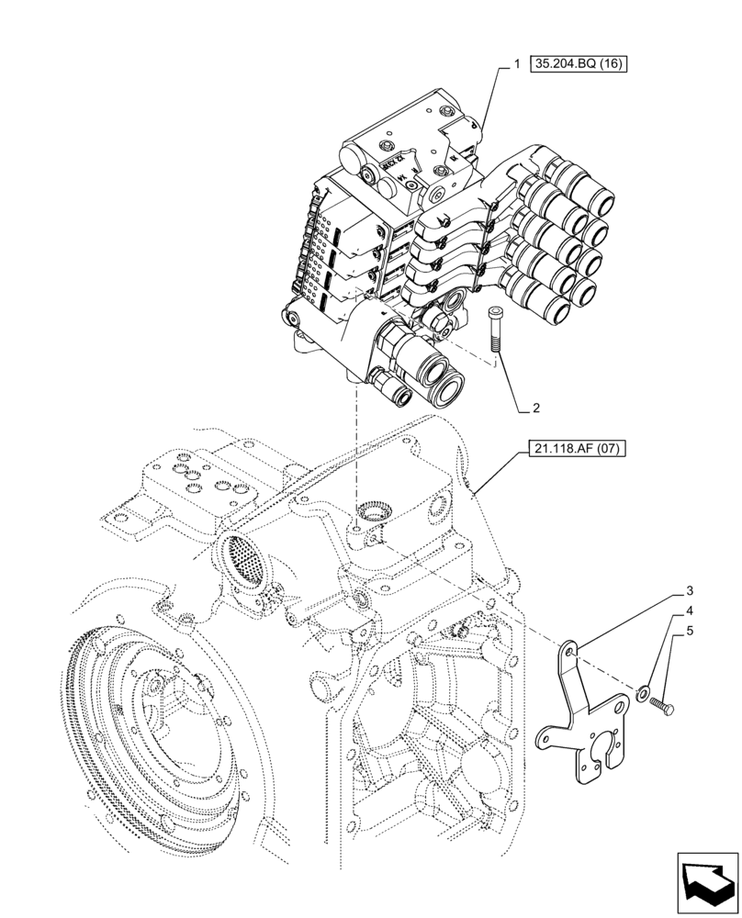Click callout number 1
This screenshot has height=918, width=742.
tap(517, 65)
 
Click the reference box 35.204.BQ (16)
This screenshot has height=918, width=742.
tap(578, 65)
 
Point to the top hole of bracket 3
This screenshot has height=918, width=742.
tap(571, 651)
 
